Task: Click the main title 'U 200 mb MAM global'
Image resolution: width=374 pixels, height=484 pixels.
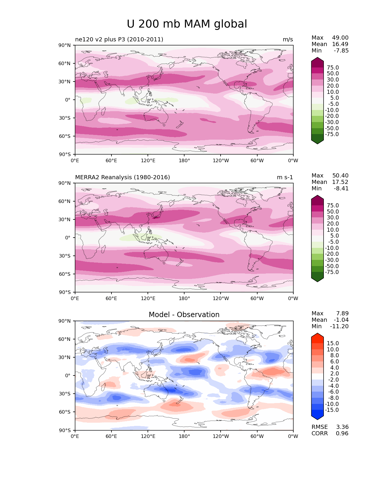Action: pos(187,24)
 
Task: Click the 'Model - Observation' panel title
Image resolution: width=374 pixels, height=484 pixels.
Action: pos(184,315)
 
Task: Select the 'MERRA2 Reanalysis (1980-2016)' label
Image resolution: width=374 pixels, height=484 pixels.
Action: pos(122,177)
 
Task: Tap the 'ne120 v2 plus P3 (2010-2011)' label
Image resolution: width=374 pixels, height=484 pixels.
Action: pos(119,40)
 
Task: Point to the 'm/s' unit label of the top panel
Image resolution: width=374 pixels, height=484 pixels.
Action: pos(288,40)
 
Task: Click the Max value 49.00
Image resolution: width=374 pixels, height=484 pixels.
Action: pos(340,38)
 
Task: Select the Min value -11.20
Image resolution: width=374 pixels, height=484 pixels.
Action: pos(339,326)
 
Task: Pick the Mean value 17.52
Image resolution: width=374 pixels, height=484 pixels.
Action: pos(340,182)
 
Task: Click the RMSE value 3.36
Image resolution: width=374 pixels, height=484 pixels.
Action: pos(342,427)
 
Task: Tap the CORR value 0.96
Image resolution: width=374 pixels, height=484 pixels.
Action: pos(342,434)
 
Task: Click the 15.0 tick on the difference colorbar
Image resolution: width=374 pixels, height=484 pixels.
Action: pos(333,343)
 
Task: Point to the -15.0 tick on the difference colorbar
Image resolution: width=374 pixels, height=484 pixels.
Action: pos(332,410)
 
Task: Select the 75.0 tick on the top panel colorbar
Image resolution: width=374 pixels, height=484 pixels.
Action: pos(333,68)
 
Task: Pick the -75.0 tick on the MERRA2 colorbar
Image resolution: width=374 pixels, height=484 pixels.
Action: pos(332,272)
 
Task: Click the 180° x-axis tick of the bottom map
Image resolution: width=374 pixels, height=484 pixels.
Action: pos(184,436)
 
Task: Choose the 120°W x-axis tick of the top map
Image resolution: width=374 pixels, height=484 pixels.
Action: pos(221,161)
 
